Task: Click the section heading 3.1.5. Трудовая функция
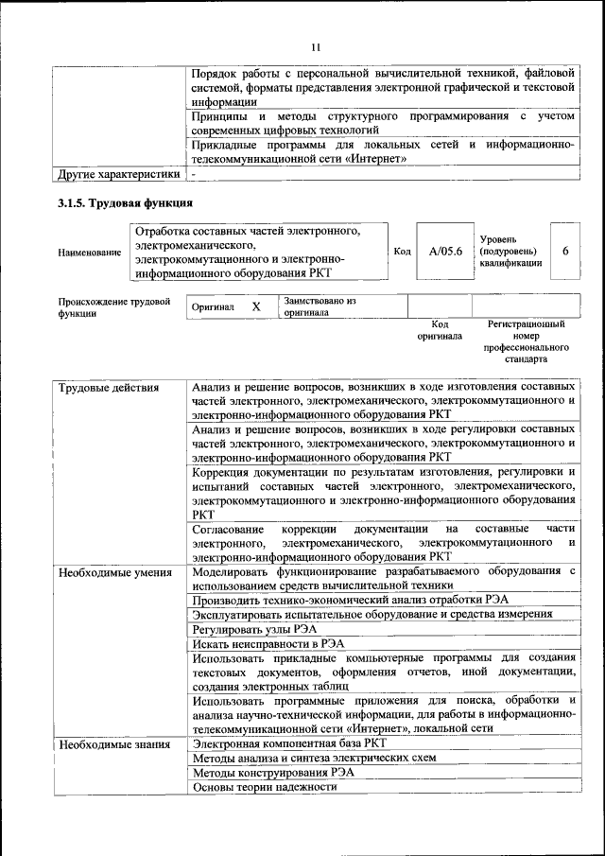point(125,203)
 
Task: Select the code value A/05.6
point(444,252)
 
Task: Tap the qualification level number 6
point(565,252)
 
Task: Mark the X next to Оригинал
point(255,307)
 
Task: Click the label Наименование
point(89,253)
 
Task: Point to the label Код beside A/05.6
point(402,252)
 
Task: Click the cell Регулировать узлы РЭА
point(253,628)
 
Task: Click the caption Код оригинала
point(439,330)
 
